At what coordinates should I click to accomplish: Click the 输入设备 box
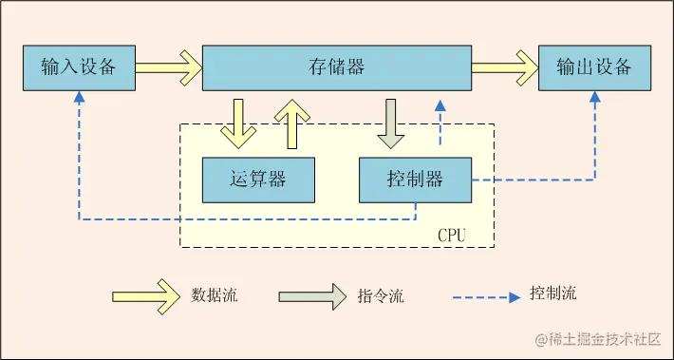point(79,67)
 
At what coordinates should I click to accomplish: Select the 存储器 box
point(337,67)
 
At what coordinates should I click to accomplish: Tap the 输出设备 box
point(594,67)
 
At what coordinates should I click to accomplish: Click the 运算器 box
point(258,180)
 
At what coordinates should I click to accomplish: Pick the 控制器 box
point(415,180)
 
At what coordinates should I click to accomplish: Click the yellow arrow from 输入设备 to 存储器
point(168,67)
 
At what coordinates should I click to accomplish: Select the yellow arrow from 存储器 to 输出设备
point(504,67)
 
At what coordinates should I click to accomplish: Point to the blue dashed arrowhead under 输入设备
point(79,98)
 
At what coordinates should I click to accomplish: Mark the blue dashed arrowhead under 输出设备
point(595,98)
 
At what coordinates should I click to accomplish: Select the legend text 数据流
point(215,295)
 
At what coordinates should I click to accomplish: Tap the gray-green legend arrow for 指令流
point(312,295)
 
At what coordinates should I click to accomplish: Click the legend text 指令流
point(381,295)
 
